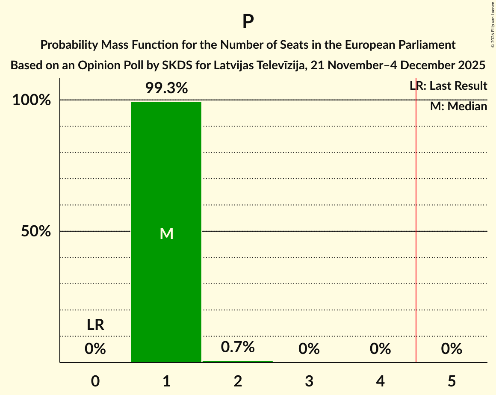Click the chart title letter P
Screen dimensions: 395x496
(x=248, y=22)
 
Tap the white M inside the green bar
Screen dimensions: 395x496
(x=166, y=233)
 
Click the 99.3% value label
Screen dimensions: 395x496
(x=166, y=88)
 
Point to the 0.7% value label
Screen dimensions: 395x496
(x=238, y=347)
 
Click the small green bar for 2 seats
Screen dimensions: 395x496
(x=238, y=362)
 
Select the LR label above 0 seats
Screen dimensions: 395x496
(x=95, y=325)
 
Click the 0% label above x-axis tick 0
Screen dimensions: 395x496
(x=95, y=349)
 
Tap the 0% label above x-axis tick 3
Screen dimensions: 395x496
(x=309, y=349)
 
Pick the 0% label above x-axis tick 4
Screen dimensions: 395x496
(x=381, y=349)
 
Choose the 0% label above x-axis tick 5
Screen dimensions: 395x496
(x=452, y=349)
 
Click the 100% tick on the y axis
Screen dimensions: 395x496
(x=32, y=100)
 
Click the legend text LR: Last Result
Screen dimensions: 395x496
(x=449, y=86)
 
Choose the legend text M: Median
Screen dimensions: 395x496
(x=458, y=106)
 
